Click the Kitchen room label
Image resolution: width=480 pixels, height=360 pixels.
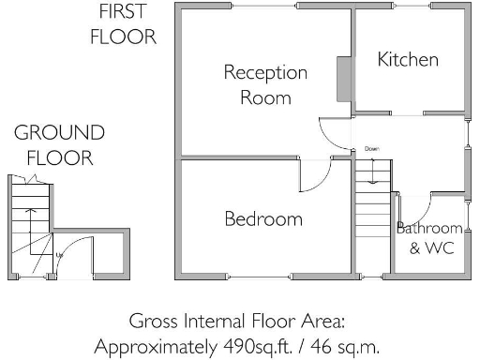(x=408, y=60)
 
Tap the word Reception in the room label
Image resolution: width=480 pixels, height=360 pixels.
(x=252, y=73)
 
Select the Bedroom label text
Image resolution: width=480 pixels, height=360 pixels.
(x=263, y=219)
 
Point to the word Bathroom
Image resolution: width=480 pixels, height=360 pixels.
(x=429, y=228)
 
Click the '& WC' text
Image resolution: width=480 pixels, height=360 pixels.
(x=429, y=248)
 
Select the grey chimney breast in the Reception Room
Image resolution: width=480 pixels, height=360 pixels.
(x=344, y=79)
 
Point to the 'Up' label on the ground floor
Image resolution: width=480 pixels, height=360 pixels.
(x=60, y=254)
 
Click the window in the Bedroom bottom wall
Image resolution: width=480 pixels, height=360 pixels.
(x=262, y=278)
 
